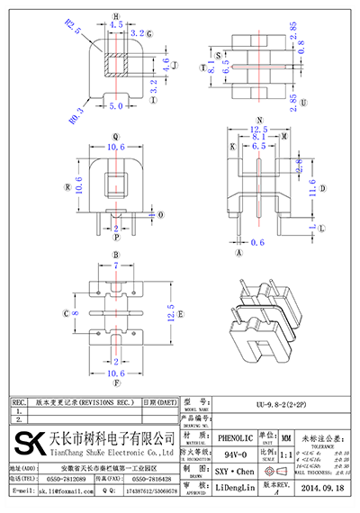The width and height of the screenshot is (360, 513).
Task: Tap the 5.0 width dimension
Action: [x=116, y=106]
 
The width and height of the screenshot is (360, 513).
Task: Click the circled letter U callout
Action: [x=305, y=102]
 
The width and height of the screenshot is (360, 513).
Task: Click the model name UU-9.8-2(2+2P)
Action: [x=256, y=403]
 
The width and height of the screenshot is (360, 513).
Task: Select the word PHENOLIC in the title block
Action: [x=237, y=436]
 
